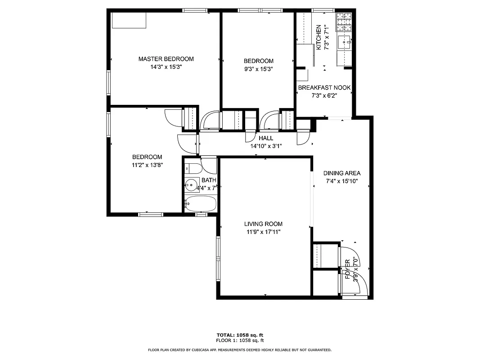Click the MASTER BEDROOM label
click(166, 59)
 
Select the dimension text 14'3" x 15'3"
click(166, 67)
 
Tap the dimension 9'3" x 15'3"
click(258, 69)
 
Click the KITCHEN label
click(319, 37)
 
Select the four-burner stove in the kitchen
click(344, 18)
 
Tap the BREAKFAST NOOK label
click(324, 88)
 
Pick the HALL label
click(265, 138)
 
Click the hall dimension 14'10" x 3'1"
click(265, 146)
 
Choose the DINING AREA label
click(342, 173)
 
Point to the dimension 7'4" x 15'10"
click(342, 181)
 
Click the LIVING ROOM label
click(264, 224)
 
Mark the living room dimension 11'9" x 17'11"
click(264, 232)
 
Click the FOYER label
click(348, 270)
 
